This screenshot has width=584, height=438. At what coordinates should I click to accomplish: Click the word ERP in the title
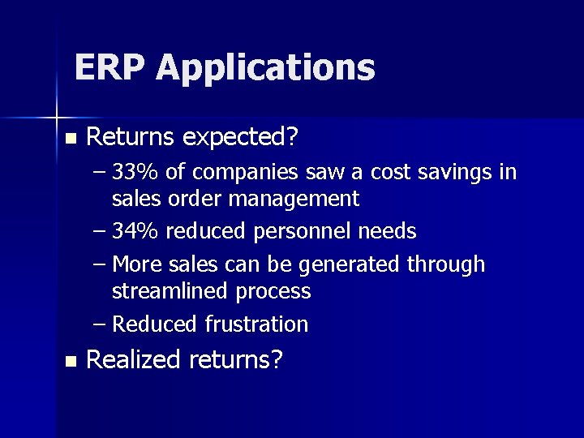[109, 67]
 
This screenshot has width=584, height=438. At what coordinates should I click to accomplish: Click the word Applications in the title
[266, 69]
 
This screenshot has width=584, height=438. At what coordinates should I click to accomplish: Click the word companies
[235, 174]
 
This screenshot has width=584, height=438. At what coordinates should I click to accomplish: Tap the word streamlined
[170, 290]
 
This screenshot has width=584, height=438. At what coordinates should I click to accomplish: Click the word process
[273, 291]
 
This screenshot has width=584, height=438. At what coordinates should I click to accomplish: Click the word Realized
[133, 360]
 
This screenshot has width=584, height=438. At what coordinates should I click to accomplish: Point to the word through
[445, 265]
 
